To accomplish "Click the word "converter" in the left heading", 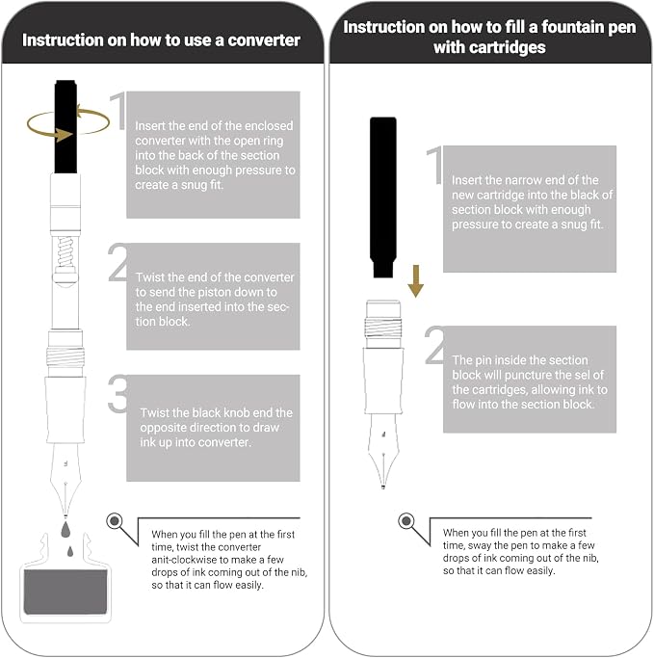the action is (264, 40).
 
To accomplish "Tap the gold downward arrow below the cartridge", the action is (415, 281).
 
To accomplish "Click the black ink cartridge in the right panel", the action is (383, 197).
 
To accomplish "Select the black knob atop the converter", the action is (65, 127).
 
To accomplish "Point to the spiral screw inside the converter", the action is (65, 251).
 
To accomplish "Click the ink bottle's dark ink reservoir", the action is (65, 592).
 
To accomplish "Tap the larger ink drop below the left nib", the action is (65, 530).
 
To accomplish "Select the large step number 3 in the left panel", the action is (118, 394).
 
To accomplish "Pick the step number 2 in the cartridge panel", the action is (435, 345).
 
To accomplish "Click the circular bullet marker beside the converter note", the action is (114, 521).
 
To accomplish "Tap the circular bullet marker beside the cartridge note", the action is (405, 521).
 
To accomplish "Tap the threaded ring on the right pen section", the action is (383, 328).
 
